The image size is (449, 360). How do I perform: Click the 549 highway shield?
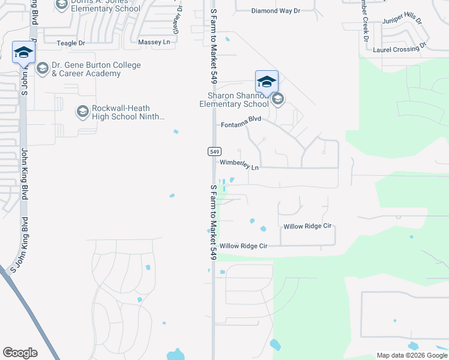coord(215,151)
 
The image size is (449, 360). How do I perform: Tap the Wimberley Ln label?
coord(239,164)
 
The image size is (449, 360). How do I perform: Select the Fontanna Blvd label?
coord(241,122)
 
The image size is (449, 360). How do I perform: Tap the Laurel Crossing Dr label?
coord(399,48)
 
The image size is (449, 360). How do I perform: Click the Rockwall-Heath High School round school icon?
coord(83,110)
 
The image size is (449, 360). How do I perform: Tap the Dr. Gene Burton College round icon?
coord(43,68)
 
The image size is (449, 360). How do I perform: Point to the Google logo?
coord(20,353)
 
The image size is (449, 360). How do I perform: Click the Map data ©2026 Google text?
coord(412,355)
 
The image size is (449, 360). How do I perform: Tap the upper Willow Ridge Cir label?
coord(307,227)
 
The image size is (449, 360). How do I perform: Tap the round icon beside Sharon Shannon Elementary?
coord(277,99)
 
